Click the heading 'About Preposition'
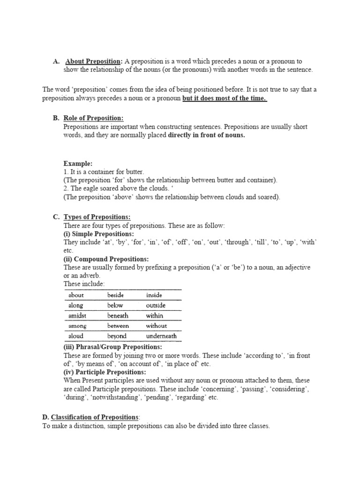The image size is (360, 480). pyautogui.click(x=94, y=61)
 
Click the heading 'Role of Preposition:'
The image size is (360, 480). pyautogui.click(x=93, y=118)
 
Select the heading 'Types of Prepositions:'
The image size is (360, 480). pyautogui.click(x=97, y=217)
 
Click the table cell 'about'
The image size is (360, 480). pyautogui.click(x=76, y=295)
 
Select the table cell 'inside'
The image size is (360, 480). pyautogui.click(x=154, y=295)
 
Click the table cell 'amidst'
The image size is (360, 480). pyautogui.click(x=77, y=316)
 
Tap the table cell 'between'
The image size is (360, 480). pyautogui.click(x=118, y=326)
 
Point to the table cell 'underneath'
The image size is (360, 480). pyautogui.click(x=161, y=336)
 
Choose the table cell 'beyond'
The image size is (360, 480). pyautogui.click(x=117, y=336)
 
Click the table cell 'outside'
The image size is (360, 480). pyautogui.click(x=156, y=306)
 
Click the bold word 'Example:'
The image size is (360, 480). pyautogui.click(x=78, y=164)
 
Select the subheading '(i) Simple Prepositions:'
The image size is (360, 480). pyautogui.click(x=98, y=234)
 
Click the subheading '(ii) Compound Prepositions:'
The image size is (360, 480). pyautogui.click(x=106, y=259)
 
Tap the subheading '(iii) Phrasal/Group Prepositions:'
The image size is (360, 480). pyautogui.click(x=112, y=347)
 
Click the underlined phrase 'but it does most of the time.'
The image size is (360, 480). pyautogui.click(x=225, y=98)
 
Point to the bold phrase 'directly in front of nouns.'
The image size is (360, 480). pyautogui.click(x=206, y=135)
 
